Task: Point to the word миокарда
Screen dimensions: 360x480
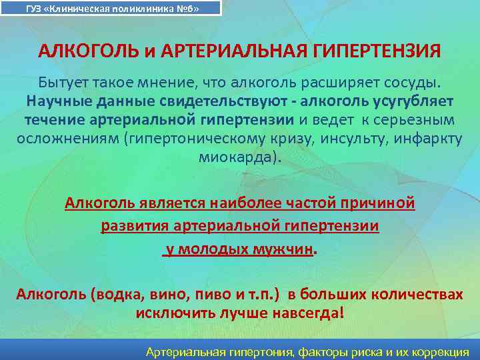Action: [236, 157]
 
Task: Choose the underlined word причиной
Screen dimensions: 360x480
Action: [377, 203]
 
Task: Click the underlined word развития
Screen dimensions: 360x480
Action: [135, 226]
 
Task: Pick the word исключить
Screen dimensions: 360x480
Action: [167, 313]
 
